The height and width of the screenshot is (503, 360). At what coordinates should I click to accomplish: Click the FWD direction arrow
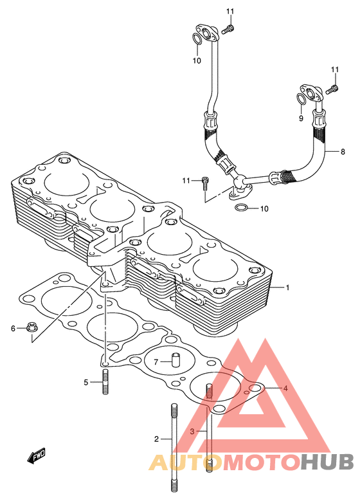[x=36, y=455]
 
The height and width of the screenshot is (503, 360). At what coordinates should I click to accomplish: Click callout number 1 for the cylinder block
[x=287, y=288]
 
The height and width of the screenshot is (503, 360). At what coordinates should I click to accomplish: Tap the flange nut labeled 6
[x=32, y=327]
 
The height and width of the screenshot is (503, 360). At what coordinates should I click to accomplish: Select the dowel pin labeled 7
[x=175, y=360]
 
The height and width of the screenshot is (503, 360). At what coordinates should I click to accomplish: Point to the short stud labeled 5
[x=106, y=381]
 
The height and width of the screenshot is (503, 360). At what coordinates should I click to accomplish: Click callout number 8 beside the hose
[x=343, y=151]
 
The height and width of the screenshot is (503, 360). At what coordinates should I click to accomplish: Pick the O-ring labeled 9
[x=301, y=100]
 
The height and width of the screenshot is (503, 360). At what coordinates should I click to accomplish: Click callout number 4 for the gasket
[x=285, y=389]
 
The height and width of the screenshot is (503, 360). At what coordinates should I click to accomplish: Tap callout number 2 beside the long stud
[x=156, y=439]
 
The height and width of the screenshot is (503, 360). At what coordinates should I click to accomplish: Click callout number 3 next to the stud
[x=192, y=432]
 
